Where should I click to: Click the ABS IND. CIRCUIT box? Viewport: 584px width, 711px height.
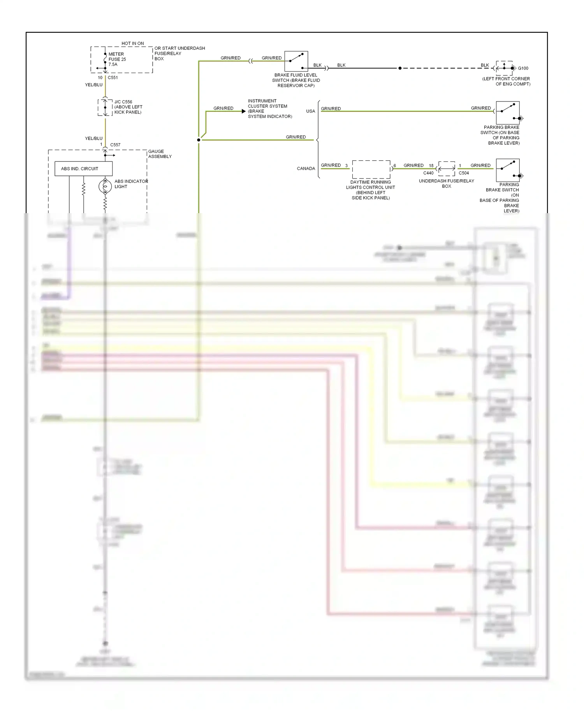point(83,168)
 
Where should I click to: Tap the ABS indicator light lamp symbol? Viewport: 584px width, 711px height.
point(105,186)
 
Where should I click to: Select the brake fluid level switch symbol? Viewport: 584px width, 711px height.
point(296,61)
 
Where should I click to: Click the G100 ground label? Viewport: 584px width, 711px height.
point(523,68)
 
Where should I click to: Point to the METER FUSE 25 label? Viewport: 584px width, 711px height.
point(117,59)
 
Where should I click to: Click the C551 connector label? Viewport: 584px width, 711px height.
point(113,78)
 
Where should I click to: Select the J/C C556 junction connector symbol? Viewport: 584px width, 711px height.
point(105,107)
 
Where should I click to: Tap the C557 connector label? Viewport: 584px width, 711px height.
point(115,145)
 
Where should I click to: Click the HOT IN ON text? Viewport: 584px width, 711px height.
point(132,44)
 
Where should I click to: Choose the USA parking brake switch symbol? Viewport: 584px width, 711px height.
point(508,113)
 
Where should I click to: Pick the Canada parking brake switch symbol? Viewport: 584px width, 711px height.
point(508,170)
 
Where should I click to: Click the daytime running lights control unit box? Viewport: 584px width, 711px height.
point(371,169)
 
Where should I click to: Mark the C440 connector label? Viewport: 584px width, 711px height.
point(428,173)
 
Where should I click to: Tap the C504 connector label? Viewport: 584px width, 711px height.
point(464,173)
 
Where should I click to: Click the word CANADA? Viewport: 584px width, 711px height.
point(306,168)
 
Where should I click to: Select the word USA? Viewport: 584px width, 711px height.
point(310,111)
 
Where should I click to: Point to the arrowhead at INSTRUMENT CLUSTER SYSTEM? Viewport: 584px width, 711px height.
point(244,111)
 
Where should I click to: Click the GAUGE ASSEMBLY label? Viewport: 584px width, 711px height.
point(160,154)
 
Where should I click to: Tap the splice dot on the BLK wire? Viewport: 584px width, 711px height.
point(400,68)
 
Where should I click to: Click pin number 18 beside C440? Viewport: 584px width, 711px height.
point(431,166)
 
